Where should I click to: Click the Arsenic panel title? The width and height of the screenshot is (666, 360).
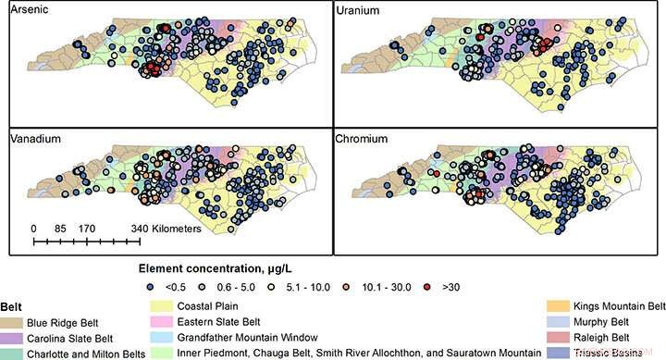point(29,11)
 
